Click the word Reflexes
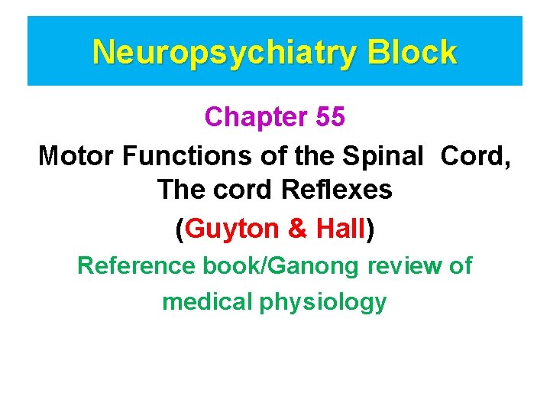pos(341,190)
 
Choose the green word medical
pos(208,301)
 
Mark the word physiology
pos(323,302)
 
